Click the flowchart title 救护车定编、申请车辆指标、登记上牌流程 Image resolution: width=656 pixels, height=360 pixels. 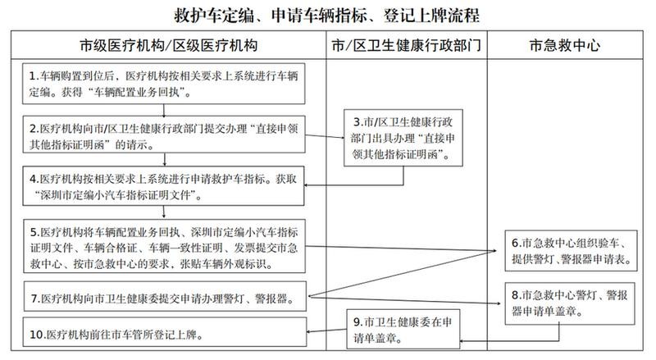point(326,16)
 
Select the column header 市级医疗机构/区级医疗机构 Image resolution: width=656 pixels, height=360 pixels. point(168,45)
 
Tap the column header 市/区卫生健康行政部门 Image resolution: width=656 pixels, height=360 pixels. point(406,45)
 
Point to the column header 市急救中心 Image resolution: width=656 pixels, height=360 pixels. point(565,45)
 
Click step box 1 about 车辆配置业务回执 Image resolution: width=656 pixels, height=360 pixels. point(163,84)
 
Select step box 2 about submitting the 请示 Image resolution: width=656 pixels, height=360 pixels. point(164,134)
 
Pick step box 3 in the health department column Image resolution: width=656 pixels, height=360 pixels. point(403,138)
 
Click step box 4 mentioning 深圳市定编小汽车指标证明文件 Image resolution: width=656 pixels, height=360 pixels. point(163,186)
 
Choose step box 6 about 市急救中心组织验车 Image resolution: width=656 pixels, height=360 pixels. point(571,251)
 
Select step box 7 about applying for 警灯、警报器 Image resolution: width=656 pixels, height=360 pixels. point(165,296)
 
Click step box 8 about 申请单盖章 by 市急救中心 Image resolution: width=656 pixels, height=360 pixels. point(570,303)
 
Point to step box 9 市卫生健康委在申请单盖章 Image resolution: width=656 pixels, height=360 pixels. point(403,329)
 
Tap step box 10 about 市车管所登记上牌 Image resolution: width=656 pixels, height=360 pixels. point(165,332)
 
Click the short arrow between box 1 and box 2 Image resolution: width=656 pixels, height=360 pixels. point(164,110)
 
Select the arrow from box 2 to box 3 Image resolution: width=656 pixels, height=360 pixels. point(325,136)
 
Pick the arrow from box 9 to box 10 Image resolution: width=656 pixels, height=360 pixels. point(326,330)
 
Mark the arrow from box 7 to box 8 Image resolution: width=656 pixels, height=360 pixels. point(404,300)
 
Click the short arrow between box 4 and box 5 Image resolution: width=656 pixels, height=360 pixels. point(164,212)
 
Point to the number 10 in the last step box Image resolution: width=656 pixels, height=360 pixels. point(36,335)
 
